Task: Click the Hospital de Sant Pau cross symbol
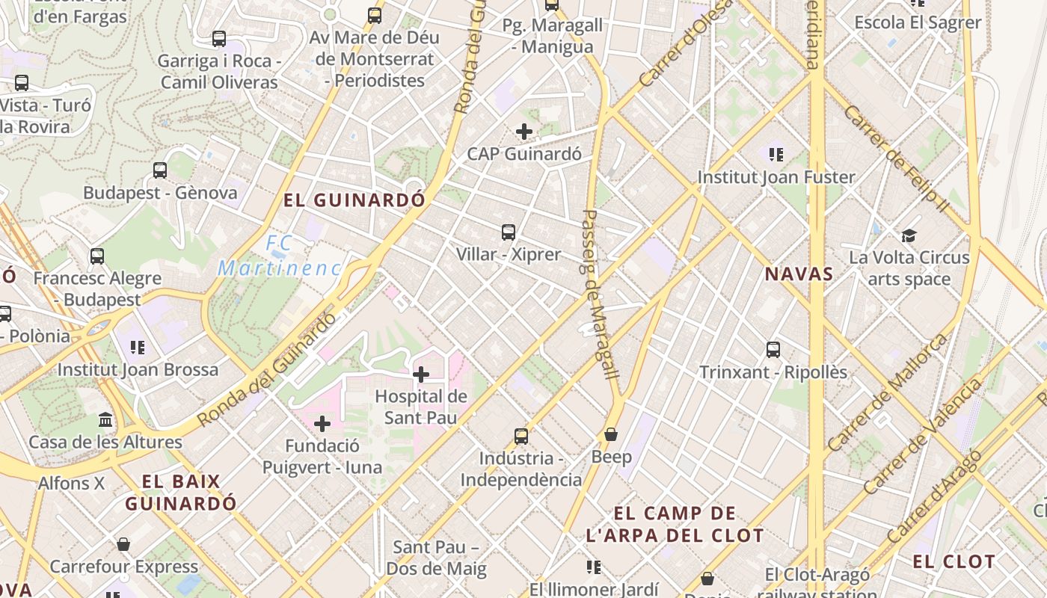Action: (421, 374)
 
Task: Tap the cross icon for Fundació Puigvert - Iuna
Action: (322, 425)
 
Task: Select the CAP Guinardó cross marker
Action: (524, 132)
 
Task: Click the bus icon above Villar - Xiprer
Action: (509, 232)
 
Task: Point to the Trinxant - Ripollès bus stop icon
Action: (773, 350)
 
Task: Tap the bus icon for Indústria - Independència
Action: (521, 437)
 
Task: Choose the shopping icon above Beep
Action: (611, 434)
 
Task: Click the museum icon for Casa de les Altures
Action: (105, 420)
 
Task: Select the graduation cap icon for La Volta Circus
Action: (909, 236)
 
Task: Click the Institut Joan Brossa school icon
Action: (138, 348)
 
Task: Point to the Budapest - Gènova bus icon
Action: (160, 170)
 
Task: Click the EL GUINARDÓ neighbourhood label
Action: (354, 200)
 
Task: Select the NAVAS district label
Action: (799, 274)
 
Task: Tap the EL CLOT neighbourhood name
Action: (954, 561)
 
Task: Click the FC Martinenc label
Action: (280, 256)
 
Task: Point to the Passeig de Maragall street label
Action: (600, 295)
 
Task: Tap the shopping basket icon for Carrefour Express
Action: (123, 544)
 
